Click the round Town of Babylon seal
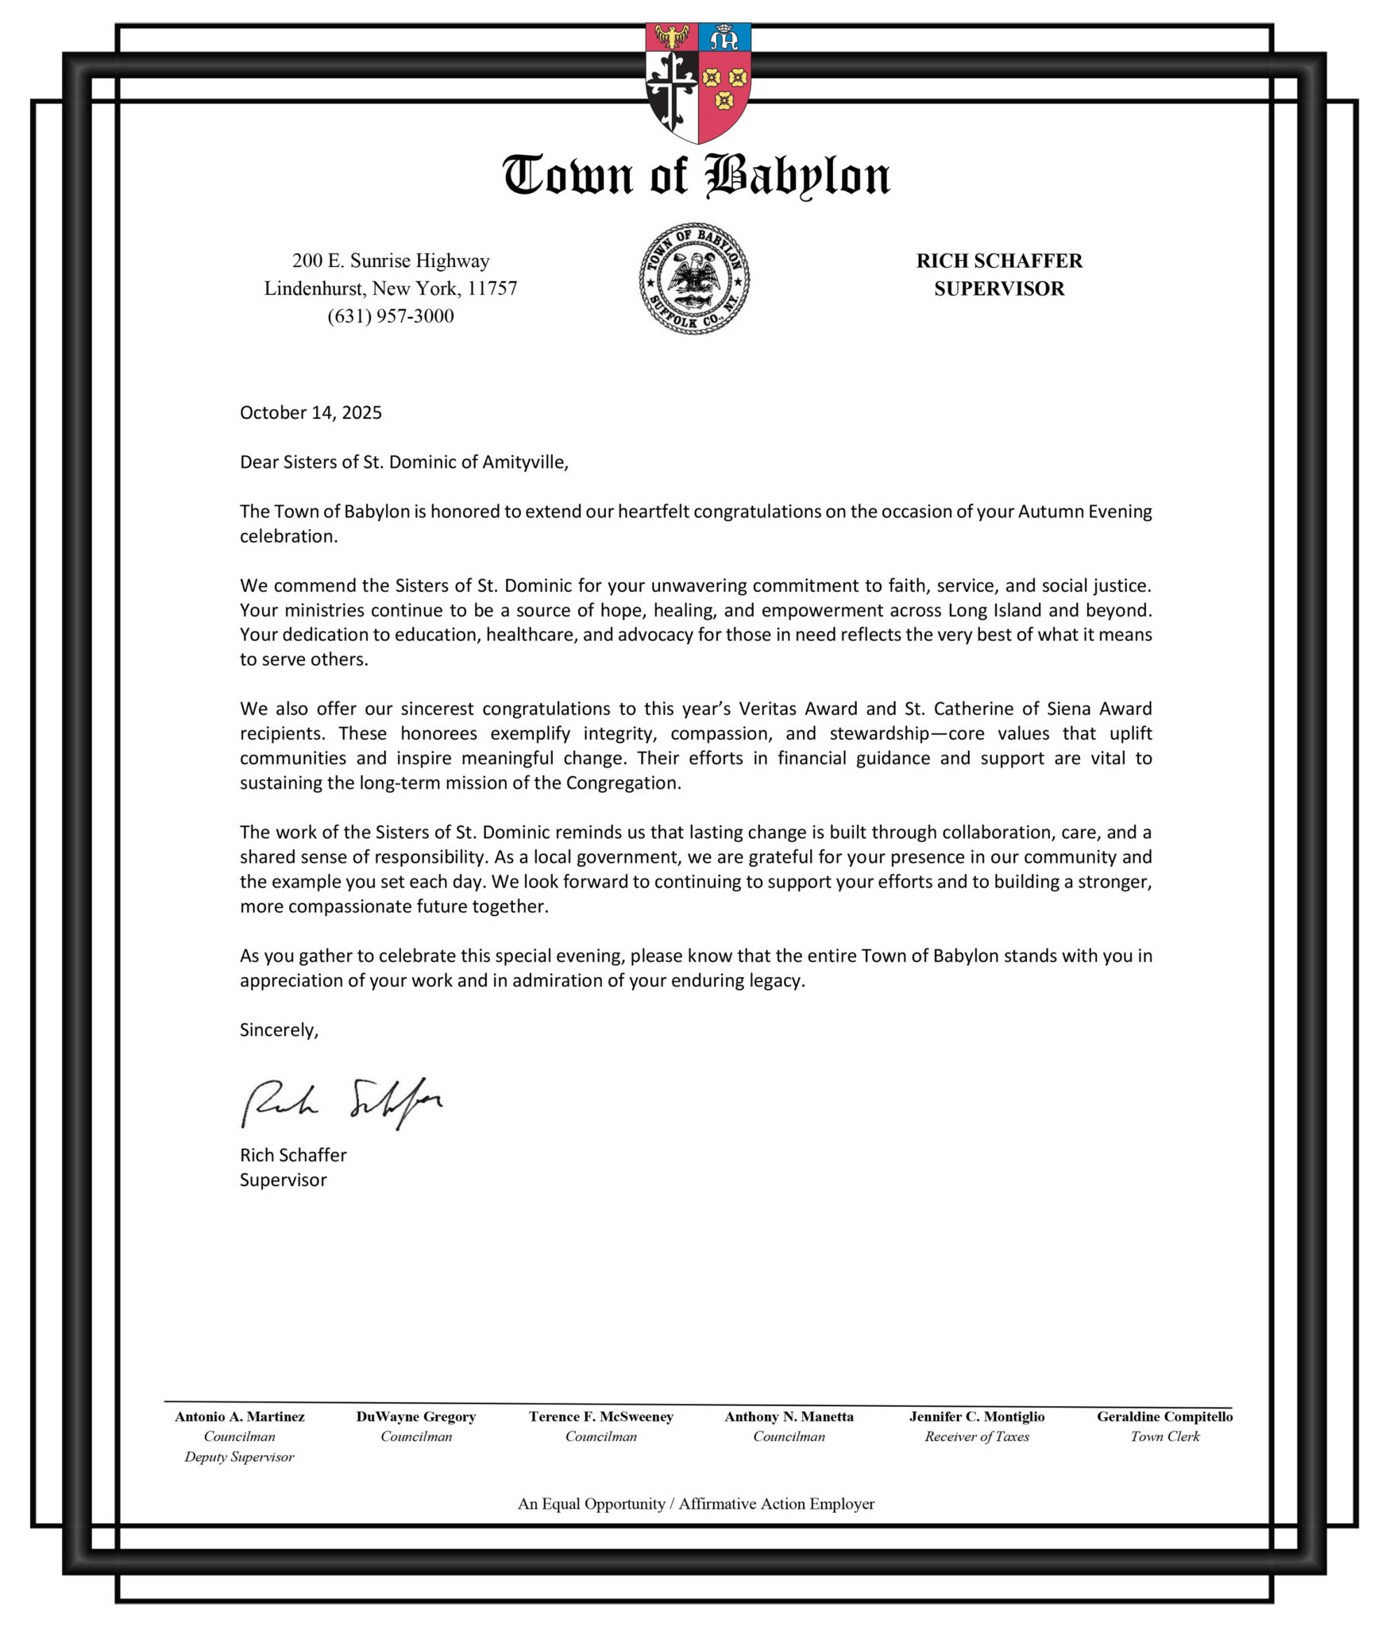pos(694,278)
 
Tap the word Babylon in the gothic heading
pos(797,176)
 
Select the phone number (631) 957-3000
pos(391,316)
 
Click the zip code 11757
pos(492,288)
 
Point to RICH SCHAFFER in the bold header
pos(999,261)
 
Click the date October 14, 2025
pos(311,412)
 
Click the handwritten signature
pos(342,1102)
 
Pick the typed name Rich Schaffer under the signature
pos(293,1154)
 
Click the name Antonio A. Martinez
pos(240,1416)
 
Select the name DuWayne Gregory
pos(416,1416)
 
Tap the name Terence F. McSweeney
pos(601,1416)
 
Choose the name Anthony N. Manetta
pos(789,1416)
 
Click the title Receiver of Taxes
pos(977,1436)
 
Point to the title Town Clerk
pos(1165,1436)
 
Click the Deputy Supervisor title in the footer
pos(239,1457)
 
